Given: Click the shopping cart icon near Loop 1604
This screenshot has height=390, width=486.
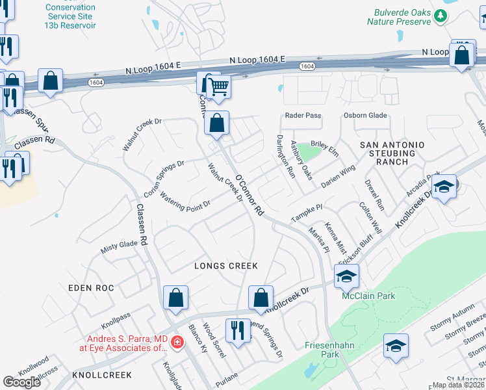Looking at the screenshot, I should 220,86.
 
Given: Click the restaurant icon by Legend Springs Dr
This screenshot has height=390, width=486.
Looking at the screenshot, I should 238,330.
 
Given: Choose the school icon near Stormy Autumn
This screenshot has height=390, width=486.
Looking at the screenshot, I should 395,347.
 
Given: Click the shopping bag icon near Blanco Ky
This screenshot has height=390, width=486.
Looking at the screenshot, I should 175,299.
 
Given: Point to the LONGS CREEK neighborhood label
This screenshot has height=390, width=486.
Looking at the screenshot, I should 227,266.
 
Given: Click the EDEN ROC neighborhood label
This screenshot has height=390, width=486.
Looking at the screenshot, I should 91,287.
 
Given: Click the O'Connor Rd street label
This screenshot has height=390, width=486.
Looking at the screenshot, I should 249,196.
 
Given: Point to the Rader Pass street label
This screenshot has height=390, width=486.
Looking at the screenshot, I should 303,116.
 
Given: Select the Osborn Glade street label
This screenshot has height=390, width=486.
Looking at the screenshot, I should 365,116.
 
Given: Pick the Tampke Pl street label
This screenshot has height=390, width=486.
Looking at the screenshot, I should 307,212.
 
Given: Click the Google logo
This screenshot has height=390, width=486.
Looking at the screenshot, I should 22,382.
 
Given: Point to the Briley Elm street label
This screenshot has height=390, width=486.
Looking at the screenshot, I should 325,151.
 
